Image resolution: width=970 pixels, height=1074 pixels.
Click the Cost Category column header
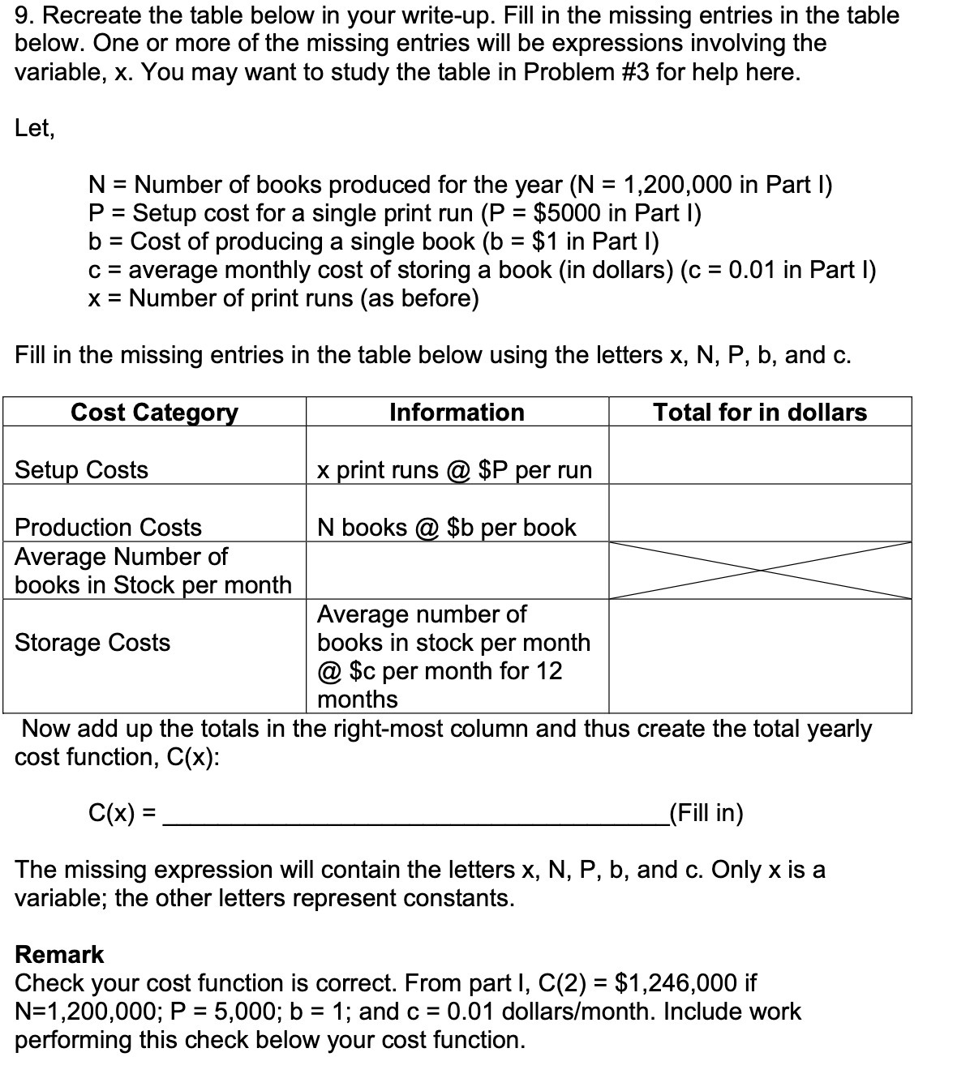(154, 413)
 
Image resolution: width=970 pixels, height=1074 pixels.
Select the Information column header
(457, 413)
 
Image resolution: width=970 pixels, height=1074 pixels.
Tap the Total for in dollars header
(760, 413)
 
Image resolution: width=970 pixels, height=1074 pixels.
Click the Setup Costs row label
(82, 470)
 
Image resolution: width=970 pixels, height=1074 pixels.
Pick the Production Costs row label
(108, 528)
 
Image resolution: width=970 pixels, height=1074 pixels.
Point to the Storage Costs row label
(92, 643)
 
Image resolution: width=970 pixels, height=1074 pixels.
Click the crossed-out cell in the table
(760, 571)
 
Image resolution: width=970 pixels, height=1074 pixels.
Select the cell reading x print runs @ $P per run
(454, 470)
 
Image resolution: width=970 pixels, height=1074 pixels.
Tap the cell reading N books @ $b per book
(446, 528)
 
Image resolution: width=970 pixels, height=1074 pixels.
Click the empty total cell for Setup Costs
(760, 456)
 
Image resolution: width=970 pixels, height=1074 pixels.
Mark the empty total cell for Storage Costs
(760, 657)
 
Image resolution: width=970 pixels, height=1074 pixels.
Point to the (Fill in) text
(704, 813)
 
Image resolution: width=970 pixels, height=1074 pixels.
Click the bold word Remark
(59, 955)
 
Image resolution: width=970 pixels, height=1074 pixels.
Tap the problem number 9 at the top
(23, 15)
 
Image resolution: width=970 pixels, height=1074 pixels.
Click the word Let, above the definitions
(35, 128)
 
